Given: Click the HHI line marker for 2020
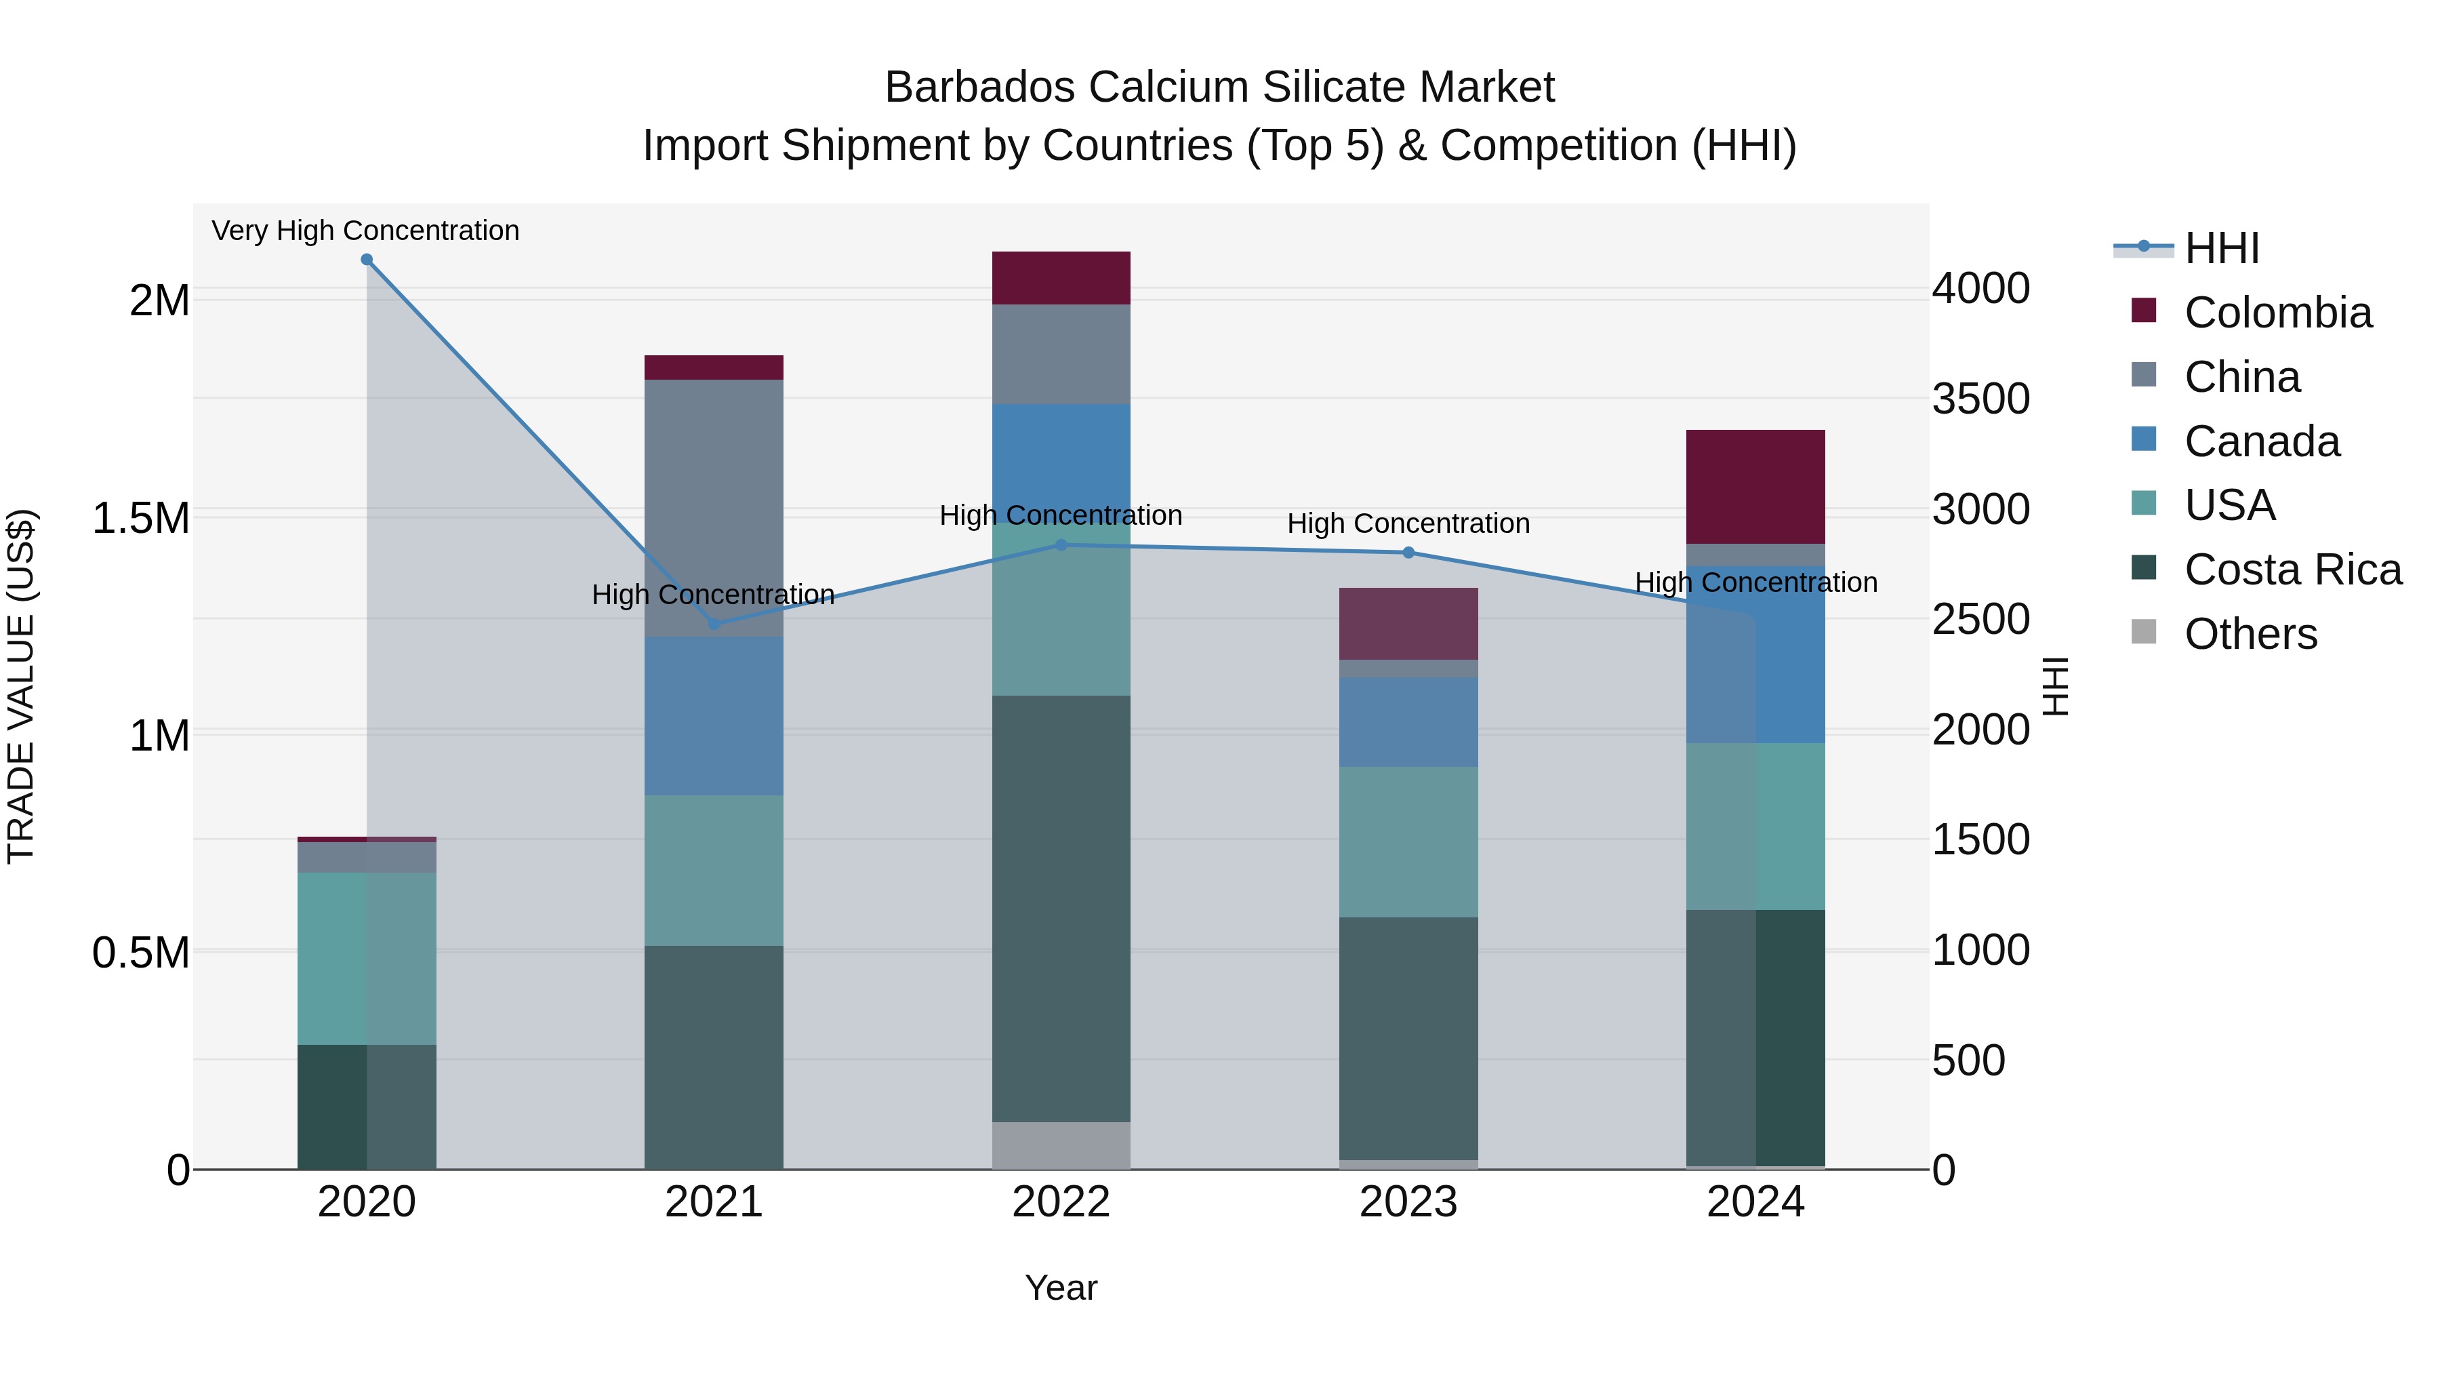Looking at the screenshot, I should pyautogui.click(x=367, y=260).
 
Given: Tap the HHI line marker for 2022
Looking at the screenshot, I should pyautogui.click(x=1061, y=545).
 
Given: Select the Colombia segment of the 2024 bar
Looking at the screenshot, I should pyautogui.click(x=1755, y=486).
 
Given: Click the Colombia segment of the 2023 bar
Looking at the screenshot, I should pyautogui.click(x=1408, y=624).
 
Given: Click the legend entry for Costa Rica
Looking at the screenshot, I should pyautogui.click(x=2292, y=570).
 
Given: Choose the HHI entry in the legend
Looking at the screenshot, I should pyautogui.click(x=2221, y=248).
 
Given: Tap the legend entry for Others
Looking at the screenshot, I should pyautogui.click(x=2250, y=634).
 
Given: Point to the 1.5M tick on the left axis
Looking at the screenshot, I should pyautogui.click(x=140, y=518).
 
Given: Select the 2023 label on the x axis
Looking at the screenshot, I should pyautogui.click(x=1408, y=1202).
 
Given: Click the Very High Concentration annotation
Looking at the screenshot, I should pyautogui.click(x=365, y=231).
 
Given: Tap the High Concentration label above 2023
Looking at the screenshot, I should pyautogui.click(x=1408, y=523).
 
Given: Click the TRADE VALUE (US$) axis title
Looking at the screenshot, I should pyautogui.click(x=21, y=686).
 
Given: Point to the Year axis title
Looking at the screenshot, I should pyautogui.click(x=1061, y=1288).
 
